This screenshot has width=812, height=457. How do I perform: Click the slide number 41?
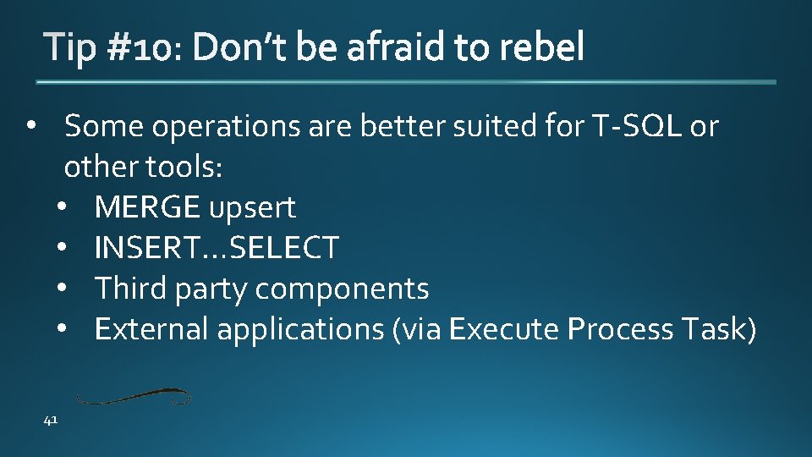pyautogui.click(x=51, y=421)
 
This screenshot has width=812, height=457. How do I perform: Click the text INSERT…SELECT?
pyautogui.click(x=217, y=248)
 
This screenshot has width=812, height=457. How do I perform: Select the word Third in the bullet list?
pyautogui.click(x=131, y=289)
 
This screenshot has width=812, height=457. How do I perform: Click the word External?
pyautogui.click(x=151, y=329)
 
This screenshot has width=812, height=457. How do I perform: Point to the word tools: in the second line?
pyautogui.click(x=184, y=167)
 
